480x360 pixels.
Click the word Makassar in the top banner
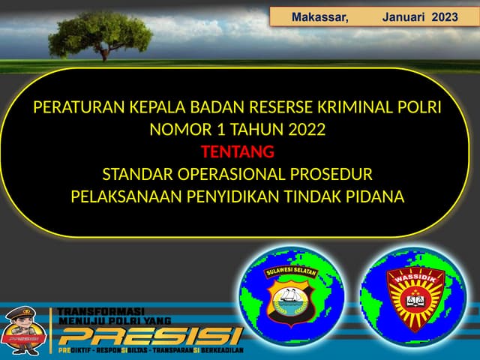[x=319, y=16]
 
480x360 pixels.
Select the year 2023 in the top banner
[x=445, y=16]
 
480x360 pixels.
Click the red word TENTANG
[x=238, y=152]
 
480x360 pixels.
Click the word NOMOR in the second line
[x=180, y=130]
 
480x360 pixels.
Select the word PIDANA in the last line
[x=374, y=196]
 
